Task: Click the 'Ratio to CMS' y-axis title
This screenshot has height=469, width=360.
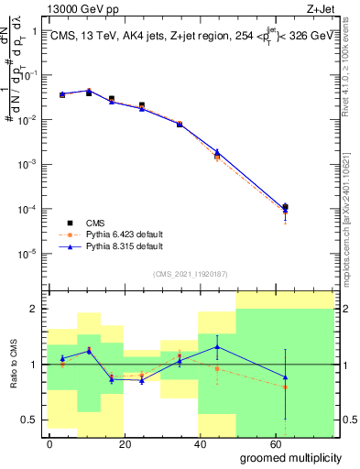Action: coord(13,364)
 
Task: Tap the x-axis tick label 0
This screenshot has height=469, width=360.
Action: coord(49,443)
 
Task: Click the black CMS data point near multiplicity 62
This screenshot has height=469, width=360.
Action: coord(286,207)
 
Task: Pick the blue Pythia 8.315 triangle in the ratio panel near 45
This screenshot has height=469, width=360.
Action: coord(217,346)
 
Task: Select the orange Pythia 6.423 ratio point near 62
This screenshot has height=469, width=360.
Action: coord(286,387)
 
